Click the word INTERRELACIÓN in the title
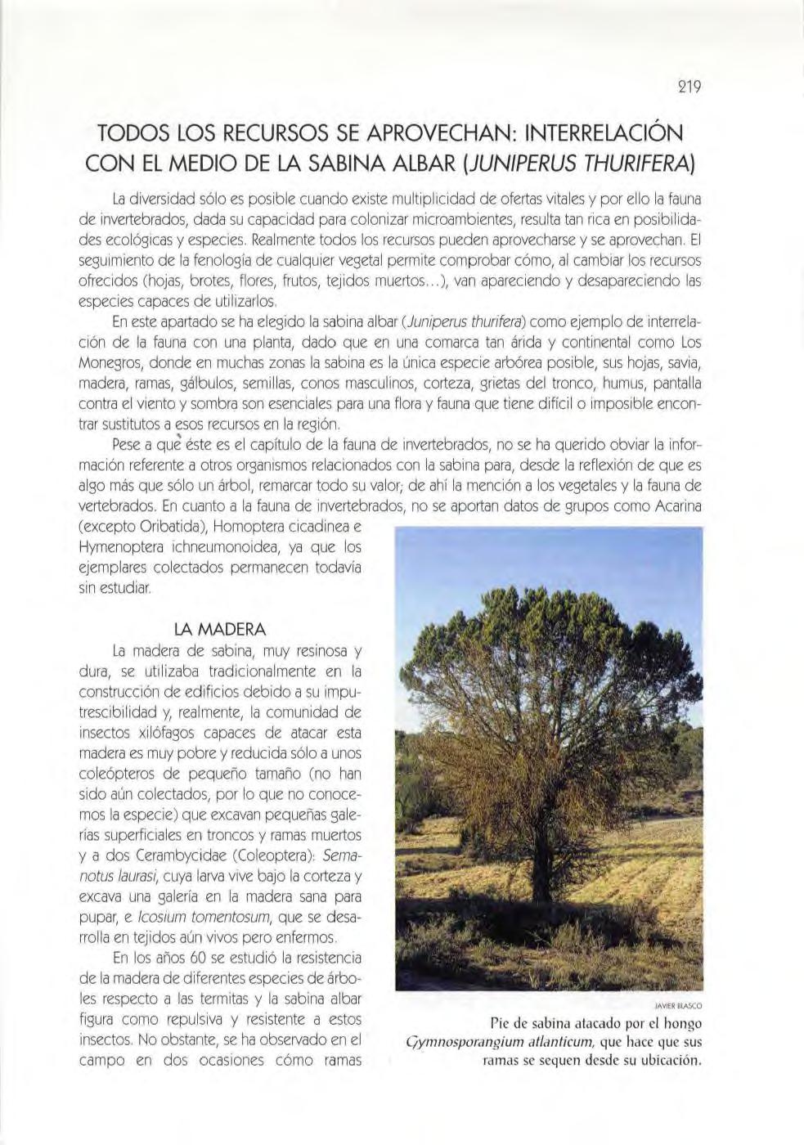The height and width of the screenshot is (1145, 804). pyautogui.click(x=593, y=132)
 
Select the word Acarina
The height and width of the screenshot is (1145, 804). pyautogui.click(x=679, y=505)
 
